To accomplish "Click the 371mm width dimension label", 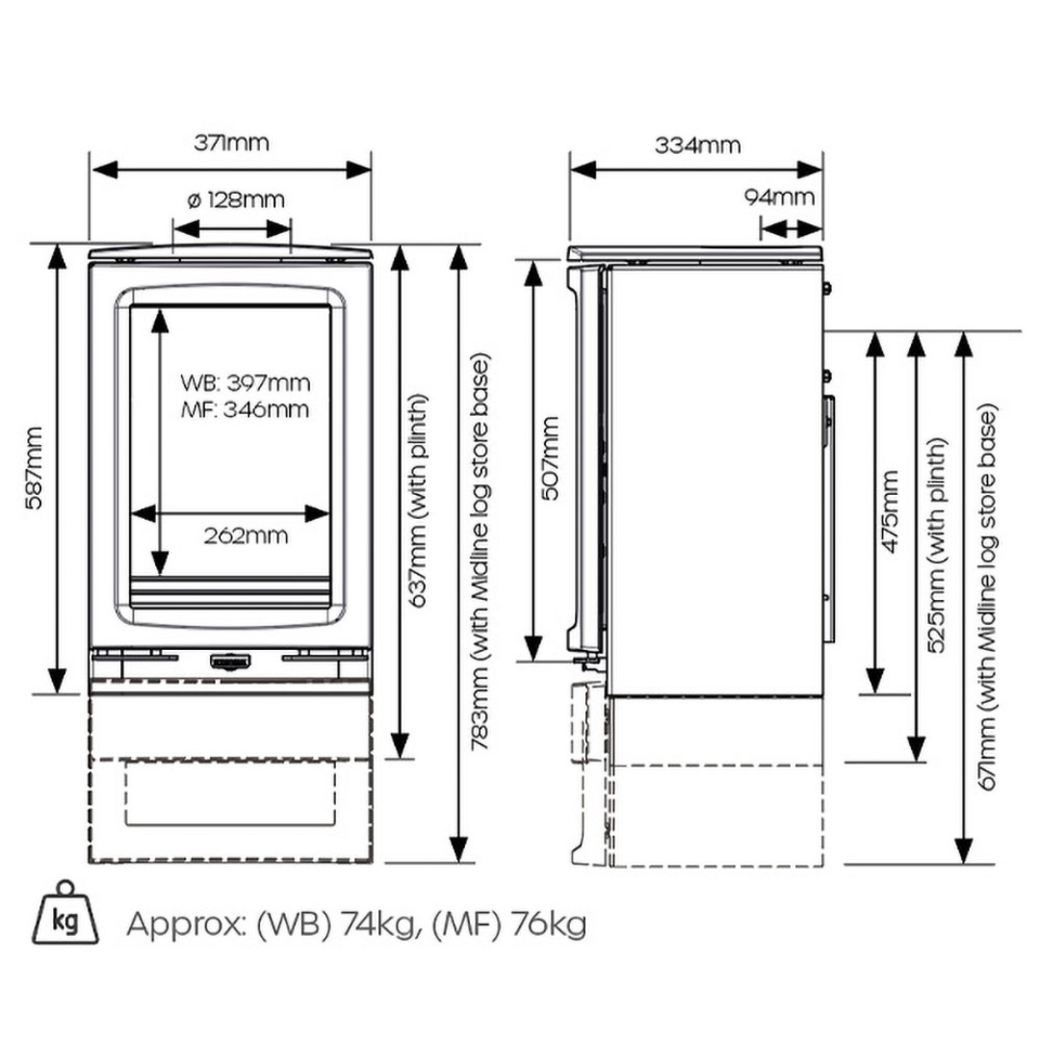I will tap(230, 143).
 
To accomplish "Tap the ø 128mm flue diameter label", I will tap(234, 200).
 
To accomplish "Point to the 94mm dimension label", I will tap(779, 197).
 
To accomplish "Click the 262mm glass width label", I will tap(246, 535).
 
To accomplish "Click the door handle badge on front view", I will tap(230, 662).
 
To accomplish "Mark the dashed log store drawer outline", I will tap(230, 791).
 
